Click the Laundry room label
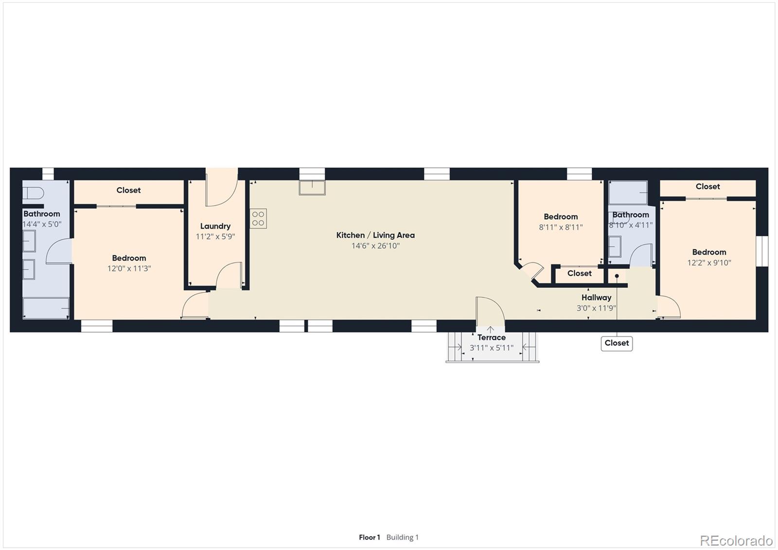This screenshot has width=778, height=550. click(215, 226)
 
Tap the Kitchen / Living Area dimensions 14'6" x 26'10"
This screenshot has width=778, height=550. click(375, 246)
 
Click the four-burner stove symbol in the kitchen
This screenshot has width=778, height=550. click(258, 218)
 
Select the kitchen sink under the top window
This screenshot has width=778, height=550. click(312, 188)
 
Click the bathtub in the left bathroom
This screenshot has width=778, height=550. click(46, 308)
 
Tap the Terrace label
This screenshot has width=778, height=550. click(491, 337)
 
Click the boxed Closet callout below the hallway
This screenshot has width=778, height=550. click(617, 343)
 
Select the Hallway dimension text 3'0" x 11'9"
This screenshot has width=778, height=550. click(596, 308)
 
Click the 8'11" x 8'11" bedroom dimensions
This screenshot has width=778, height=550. click(561, 227)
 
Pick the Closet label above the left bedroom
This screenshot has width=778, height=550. click(128, 190)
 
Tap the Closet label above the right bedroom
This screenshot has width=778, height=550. click(707, 187)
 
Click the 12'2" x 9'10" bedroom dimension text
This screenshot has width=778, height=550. click(709, 263)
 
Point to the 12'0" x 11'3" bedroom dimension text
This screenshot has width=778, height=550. click(129, 268)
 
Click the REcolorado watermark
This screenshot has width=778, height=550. click(736, 540)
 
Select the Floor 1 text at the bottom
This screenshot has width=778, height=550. click(370, 537)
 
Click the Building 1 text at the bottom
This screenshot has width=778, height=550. click(402, 537)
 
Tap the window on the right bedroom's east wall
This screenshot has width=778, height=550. click(762, 251)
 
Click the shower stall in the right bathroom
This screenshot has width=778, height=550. click(628, 193)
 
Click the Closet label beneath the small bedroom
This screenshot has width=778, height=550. click(579, 274)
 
